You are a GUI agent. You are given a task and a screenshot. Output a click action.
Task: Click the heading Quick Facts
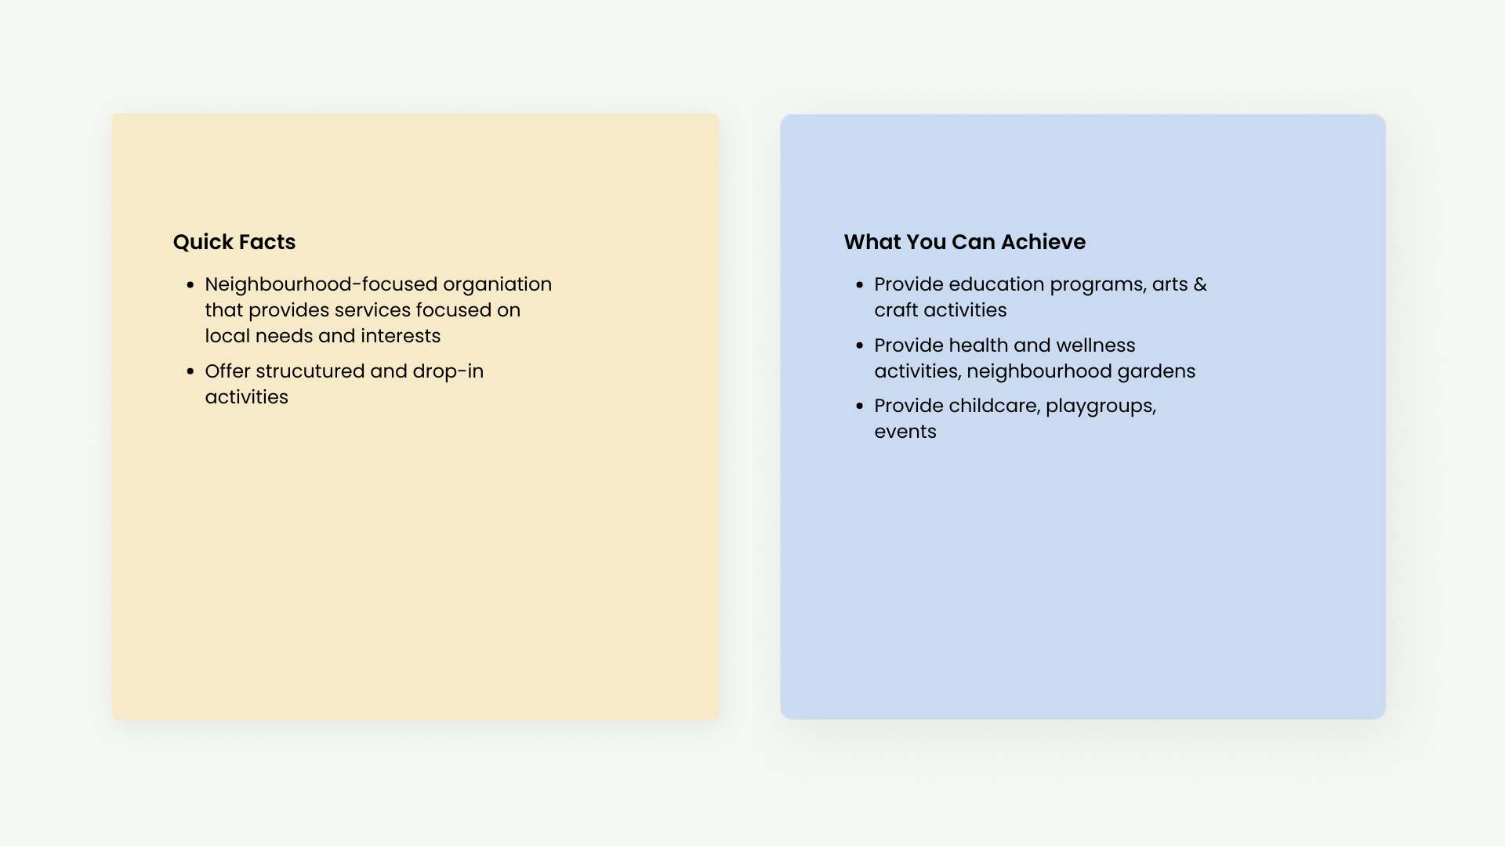234,242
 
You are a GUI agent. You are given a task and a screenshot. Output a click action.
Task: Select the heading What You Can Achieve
965,242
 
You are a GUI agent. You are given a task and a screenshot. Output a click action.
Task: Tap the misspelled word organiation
497,285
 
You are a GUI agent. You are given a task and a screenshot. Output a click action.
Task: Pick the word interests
401,336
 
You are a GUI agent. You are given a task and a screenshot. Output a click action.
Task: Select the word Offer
227,371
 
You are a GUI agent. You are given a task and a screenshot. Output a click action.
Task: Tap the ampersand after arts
1200,284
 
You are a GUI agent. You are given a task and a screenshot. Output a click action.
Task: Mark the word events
905,432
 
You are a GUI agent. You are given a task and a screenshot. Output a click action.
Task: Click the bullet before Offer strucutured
190,372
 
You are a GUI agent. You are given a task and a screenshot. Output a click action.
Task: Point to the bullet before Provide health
860,345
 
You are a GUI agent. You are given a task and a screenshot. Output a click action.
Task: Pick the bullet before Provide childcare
860,406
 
